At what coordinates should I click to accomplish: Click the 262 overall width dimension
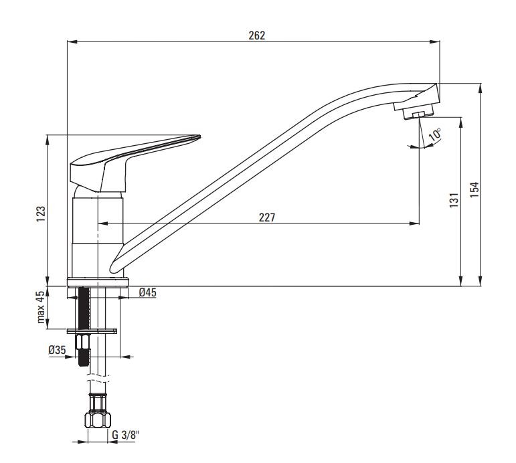tap(257, 35)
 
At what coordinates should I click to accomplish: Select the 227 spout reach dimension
tap(266, 217)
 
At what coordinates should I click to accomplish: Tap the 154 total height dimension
tap(475, 189)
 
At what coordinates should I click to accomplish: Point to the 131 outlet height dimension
tap(454, 200)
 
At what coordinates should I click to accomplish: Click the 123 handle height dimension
tap(40, 213)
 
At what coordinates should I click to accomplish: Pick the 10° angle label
tap(435, 135)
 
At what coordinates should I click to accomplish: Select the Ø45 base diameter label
tap(147, 292)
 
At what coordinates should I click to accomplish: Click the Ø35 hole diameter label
tap(58, 350)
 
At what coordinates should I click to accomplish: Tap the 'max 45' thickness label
tap(40, 307)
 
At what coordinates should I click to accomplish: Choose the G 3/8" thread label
tap(125, 435)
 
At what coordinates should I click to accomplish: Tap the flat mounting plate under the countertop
tap(92, 331)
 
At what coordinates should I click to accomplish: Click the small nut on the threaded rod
tap(83, 342)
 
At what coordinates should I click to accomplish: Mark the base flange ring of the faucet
tap(98, 282)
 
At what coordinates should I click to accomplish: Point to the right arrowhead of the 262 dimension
tap(435, 41)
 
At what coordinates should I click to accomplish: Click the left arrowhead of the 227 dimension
tap(103, 223)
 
